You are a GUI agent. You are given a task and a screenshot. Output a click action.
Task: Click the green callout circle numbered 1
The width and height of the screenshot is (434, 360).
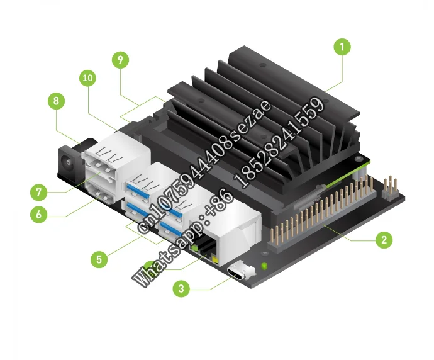342,47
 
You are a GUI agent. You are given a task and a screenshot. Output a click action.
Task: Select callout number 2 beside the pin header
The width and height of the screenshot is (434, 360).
383,240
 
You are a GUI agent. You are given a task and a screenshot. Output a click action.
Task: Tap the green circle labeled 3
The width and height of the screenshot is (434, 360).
181,290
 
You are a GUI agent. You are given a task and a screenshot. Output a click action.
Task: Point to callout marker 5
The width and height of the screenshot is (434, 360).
97,258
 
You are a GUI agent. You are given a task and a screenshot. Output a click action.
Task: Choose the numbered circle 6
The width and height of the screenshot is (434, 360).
39,214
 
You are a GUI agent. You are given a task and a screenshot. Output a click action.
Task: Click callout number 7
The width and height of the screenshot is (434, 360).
39,190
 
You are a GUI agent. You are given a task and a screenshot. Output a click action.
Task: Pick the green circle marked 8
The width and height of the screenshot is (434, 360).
57,101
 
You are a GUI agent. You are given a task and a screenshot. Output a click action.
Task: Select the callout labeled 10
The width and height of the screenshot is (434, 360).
89,79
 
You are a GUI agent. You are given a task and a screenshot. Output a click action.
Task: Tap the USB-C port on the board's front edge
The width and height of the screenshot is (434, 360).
241,272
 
